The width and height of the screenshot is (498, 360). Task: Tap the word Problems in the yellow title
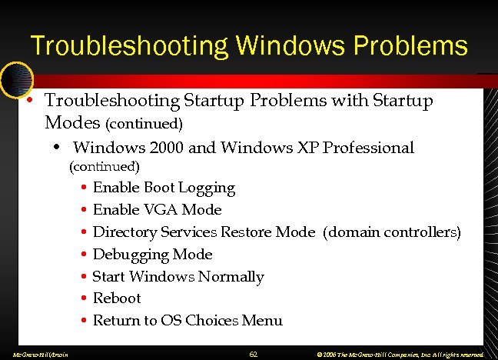coord(411,45)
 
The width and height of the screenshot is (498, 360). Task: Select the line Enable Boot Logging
coord(164,188)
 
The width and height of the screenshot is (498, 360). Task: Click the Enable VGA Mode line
coord(157,210)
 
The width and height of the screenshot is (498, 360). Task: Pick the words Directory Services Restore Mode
coord(204,232)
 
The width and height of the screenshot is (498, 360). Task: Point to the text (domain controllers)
coord(393,232)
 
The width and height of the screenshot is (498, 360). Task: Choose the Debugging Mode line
coord(152,255)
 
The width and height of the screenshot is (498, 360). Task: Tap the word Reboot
coord(117,298)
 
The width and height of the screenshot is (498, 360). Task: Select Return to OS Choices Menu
coord(188,321)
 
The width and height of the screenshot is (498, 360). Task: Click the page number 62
coord(254,353)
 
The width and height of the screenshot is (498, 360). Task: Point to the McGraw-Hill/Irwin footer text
coord(35,354)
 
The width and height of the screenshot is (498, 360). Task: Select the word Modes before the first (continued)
coord(73,122)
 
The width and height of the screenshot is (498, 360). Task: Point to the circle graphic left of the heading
coord(15,78)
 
